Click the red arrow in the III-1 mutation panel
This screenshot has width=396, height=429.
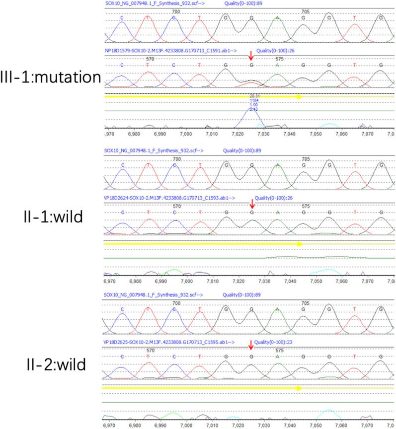click(x=252, y=58)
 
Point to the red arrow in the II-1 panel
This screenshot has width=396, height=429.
click(x=252, y=203)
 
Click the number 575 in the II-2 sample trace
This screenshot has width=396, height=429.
click(x=279, y=350)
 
